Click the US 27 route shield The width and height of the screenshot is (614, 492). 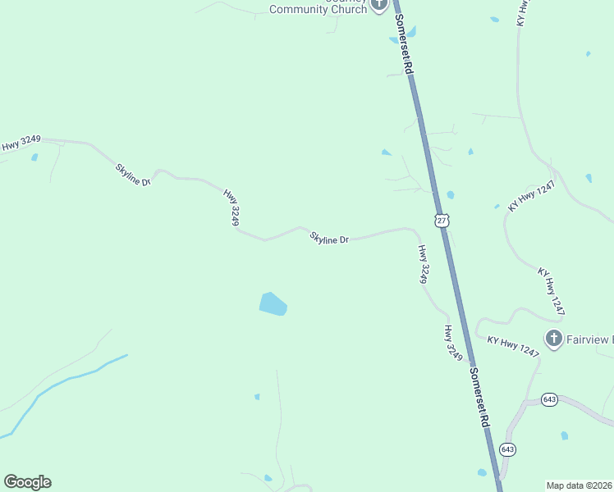pyautogui.click(x=442, y=221)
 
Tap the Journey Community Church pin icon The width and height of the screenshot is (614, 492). pyautogui.click(x=378, y=5)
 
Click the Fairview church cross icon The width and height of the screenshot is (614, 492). pyautogui.click(x=554, y=338)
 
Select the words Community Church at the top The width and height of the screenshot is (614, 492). pyautogui.click(x=318, y=10)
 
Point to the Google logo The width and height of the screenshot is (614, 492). pyautogui.click(x=27, y=482)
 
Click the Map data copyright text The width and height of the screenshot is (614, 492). pyautogui.click(x=579, y=485)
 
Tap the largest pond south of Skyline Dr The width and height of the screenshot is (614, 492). pyautogui.click(x=273, y=304)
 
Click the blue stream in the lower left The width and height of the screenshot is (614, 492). pyautogui.click(x=66, y=380)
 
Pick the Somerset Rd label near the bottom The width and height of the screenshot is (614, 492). pyautogui.click(x=479, y=396)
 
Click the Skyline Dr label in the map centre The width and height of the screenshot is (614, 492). pyautogui.click(x=329, y=239)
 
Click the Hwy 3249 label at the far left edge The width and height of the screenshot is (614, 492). pyautogui.click(x=21, y=144)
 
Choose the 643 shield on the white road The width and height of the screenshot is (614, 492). pyautogui.click(x=549, y=399)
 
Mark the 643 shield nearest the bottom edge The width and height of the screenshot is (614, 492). pyautogui.click(x=507, y=449)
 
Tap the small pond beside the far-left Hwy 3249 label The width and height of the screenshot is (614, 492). pyautogui.click(x=34, y=157)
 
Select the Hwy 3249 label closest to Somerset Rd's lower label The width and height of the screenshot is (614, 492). pyautogui.click(x=454, y=344)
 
